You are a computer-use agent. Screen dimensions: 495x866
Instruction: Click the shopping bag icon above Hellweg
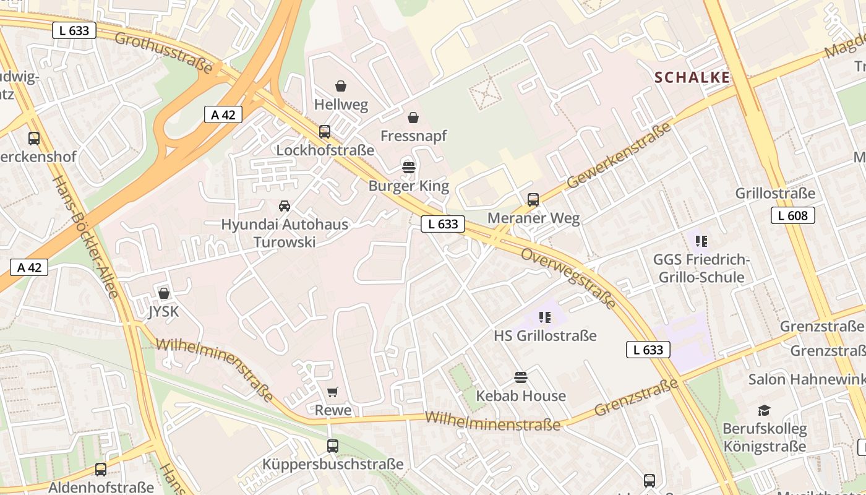point(340,85)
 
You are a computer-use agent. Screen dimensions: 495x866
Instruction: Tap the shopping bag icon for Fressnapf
point(413,117)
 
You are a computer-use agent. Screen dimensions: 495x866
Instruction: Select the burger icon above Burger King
point(408,166)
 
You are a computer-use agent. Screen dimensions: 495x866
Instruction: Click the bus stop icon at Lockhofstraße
point(325,131)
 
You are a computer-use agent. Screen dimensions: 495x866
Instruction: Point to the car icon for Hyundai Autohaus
point(285,205)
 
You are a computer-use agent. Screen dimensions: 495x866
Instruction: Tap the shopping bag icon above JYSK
point(164,293)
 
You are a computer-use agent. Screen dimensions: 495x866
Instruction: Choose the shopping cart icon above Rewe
point(333,391)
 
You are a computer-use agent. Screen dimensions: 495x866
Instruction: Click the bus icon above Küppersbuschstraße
point(333,445)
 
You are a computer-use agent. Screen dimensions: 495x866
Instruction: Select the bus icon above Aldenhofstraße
point(101,469)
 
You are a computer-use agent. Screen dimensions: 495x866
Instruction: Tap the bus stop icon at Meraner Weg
point(533,199)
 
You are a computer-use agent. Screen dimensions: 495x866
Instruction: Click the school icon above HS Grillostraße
point(545,317)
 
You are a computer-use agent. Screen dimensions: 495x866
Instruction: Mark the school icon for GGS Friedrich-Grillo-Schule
point(701,240)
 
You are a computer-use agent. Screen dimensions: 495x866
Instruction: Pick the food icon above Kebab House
point(521,377)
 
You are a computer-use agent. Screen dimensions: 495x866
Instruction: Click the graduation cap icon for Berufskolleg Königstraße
point(765,410)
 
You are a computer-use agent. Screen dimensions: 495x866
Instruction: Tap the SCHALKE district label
point(692,77)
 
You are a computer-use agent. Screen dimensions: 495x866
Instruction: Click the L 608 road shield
point(792,215)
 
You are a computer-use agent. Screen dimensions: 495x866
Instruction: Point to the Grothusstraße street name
point(168,49)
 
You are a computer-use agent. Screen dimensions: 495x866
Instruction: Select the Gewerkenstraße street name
point(619,155)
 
